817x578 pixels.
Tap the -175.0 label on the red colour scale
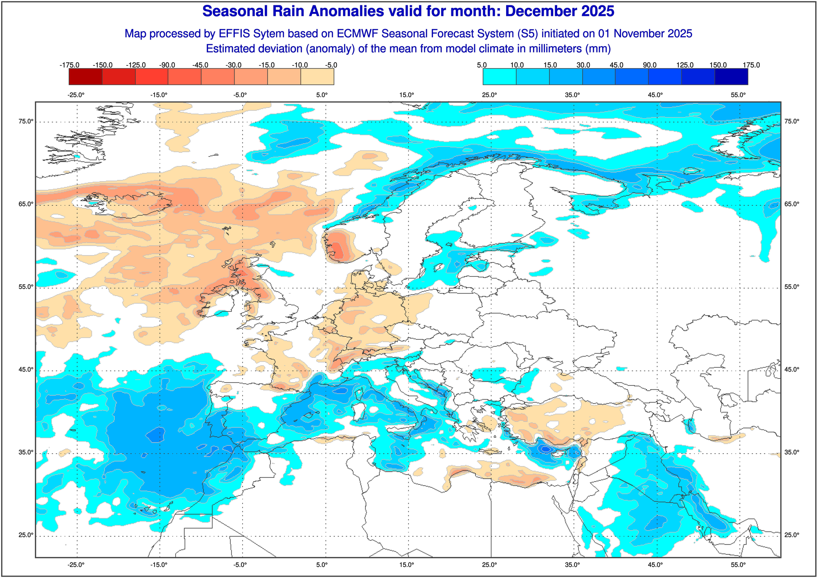pos(69,65)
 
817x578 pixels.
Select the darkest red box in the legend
pos(85,76)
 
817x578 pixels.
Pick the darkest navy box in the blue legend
pos(731,76)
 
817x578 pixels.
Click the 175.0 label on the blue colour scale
pos(751,65)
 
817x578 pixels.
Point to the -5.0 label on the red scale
pos(331,65)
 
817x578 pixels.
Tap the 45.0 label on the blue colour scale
pos(616,65)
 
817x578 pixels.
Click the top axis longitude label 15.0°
pos(406,95)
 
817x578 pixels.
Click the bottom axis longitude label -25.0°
pos(76,565)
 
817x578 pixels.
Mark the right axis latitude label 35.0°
pos(791,452)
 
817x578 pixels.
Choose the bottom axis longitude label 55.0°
pos(738,565)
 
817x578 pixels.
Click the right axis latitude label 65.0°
pos(791,204)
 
